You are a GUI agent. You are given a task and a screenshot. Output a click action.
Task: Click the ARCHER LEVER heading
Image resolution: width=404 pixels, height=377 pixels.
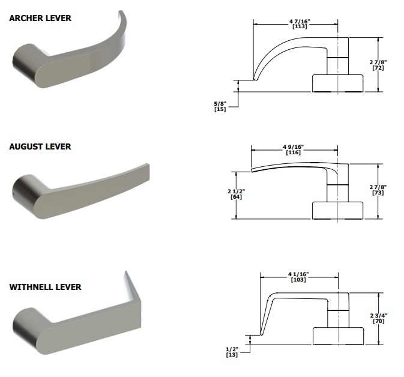tap(40, 18)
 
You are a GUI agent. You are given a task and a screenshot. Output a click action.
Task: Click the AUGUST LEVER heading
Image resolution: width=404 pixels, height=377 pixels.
tap(40, 146)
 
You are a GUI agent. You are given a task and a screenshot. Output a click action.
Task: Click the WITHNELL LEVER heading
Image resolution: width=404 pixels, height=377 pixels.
tap(45, 287)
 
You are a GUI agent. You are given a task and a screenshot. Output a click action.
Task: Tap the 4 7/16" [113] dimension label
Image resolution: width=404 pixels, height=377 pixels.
tap(295, 25)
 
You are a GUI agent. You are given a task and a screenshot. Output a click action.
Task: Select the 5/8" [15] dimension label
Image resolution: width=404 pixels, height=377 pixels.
tap(220, 106)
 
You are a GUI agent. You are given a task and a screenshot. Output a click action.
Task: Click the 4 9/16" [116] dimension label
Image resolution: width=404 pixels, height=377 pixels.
tap(294, 150)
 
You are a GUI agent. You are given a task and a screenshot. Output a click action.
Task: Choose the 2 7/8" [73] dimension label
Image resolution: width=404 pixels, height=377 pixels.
tap(378, 190)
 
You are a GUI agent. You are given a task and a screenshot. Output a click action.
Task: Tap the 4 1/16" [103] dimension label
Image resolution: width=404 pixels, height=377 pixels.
tap(298, 278)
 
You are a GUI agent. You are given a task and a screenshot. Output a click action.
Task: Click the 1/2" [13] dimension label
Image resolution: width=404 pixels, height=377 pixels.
tap(232, 352)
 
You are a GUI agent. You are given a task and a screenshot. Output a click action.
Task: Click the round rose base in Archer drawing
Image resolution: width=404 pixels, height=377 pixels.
tap(338, 83)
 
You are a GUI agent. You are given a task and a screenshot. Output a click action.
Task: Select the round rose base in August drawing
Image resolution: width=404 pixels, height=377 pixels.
tap(338, 210)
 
